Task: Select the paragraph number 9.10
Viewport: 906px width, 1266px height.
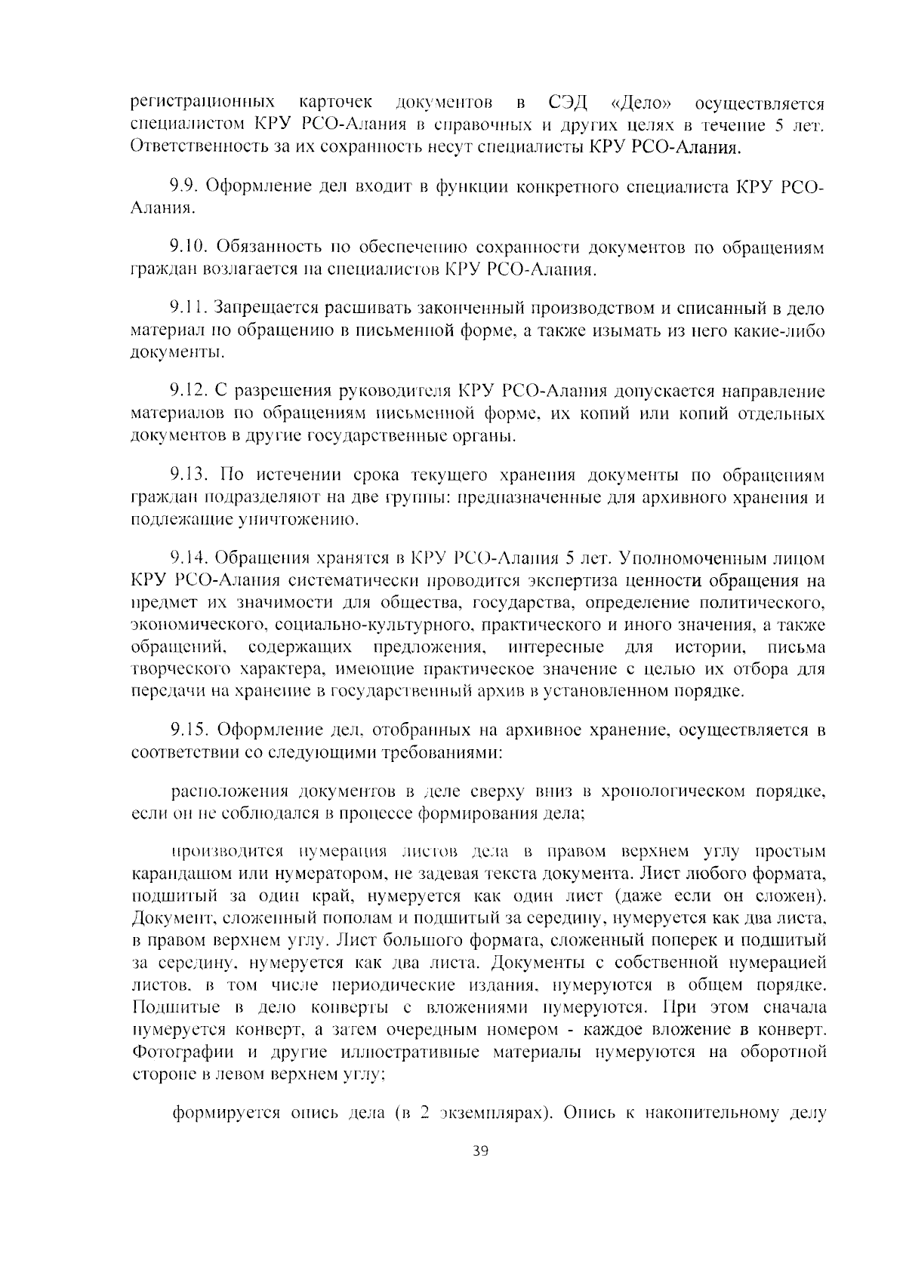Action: [x=188, y=247]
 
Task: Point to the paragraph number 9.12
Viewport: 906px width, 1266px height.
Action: [x=188, y=392]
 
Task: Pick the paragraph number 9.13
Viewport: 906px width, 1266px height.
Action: [x=188, y=475]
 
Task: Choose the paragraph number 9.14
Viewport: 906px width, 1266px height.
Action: [x=188, y=559]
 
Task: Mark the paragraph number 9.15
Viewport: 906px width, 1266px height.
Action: [x=188, y=730]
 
